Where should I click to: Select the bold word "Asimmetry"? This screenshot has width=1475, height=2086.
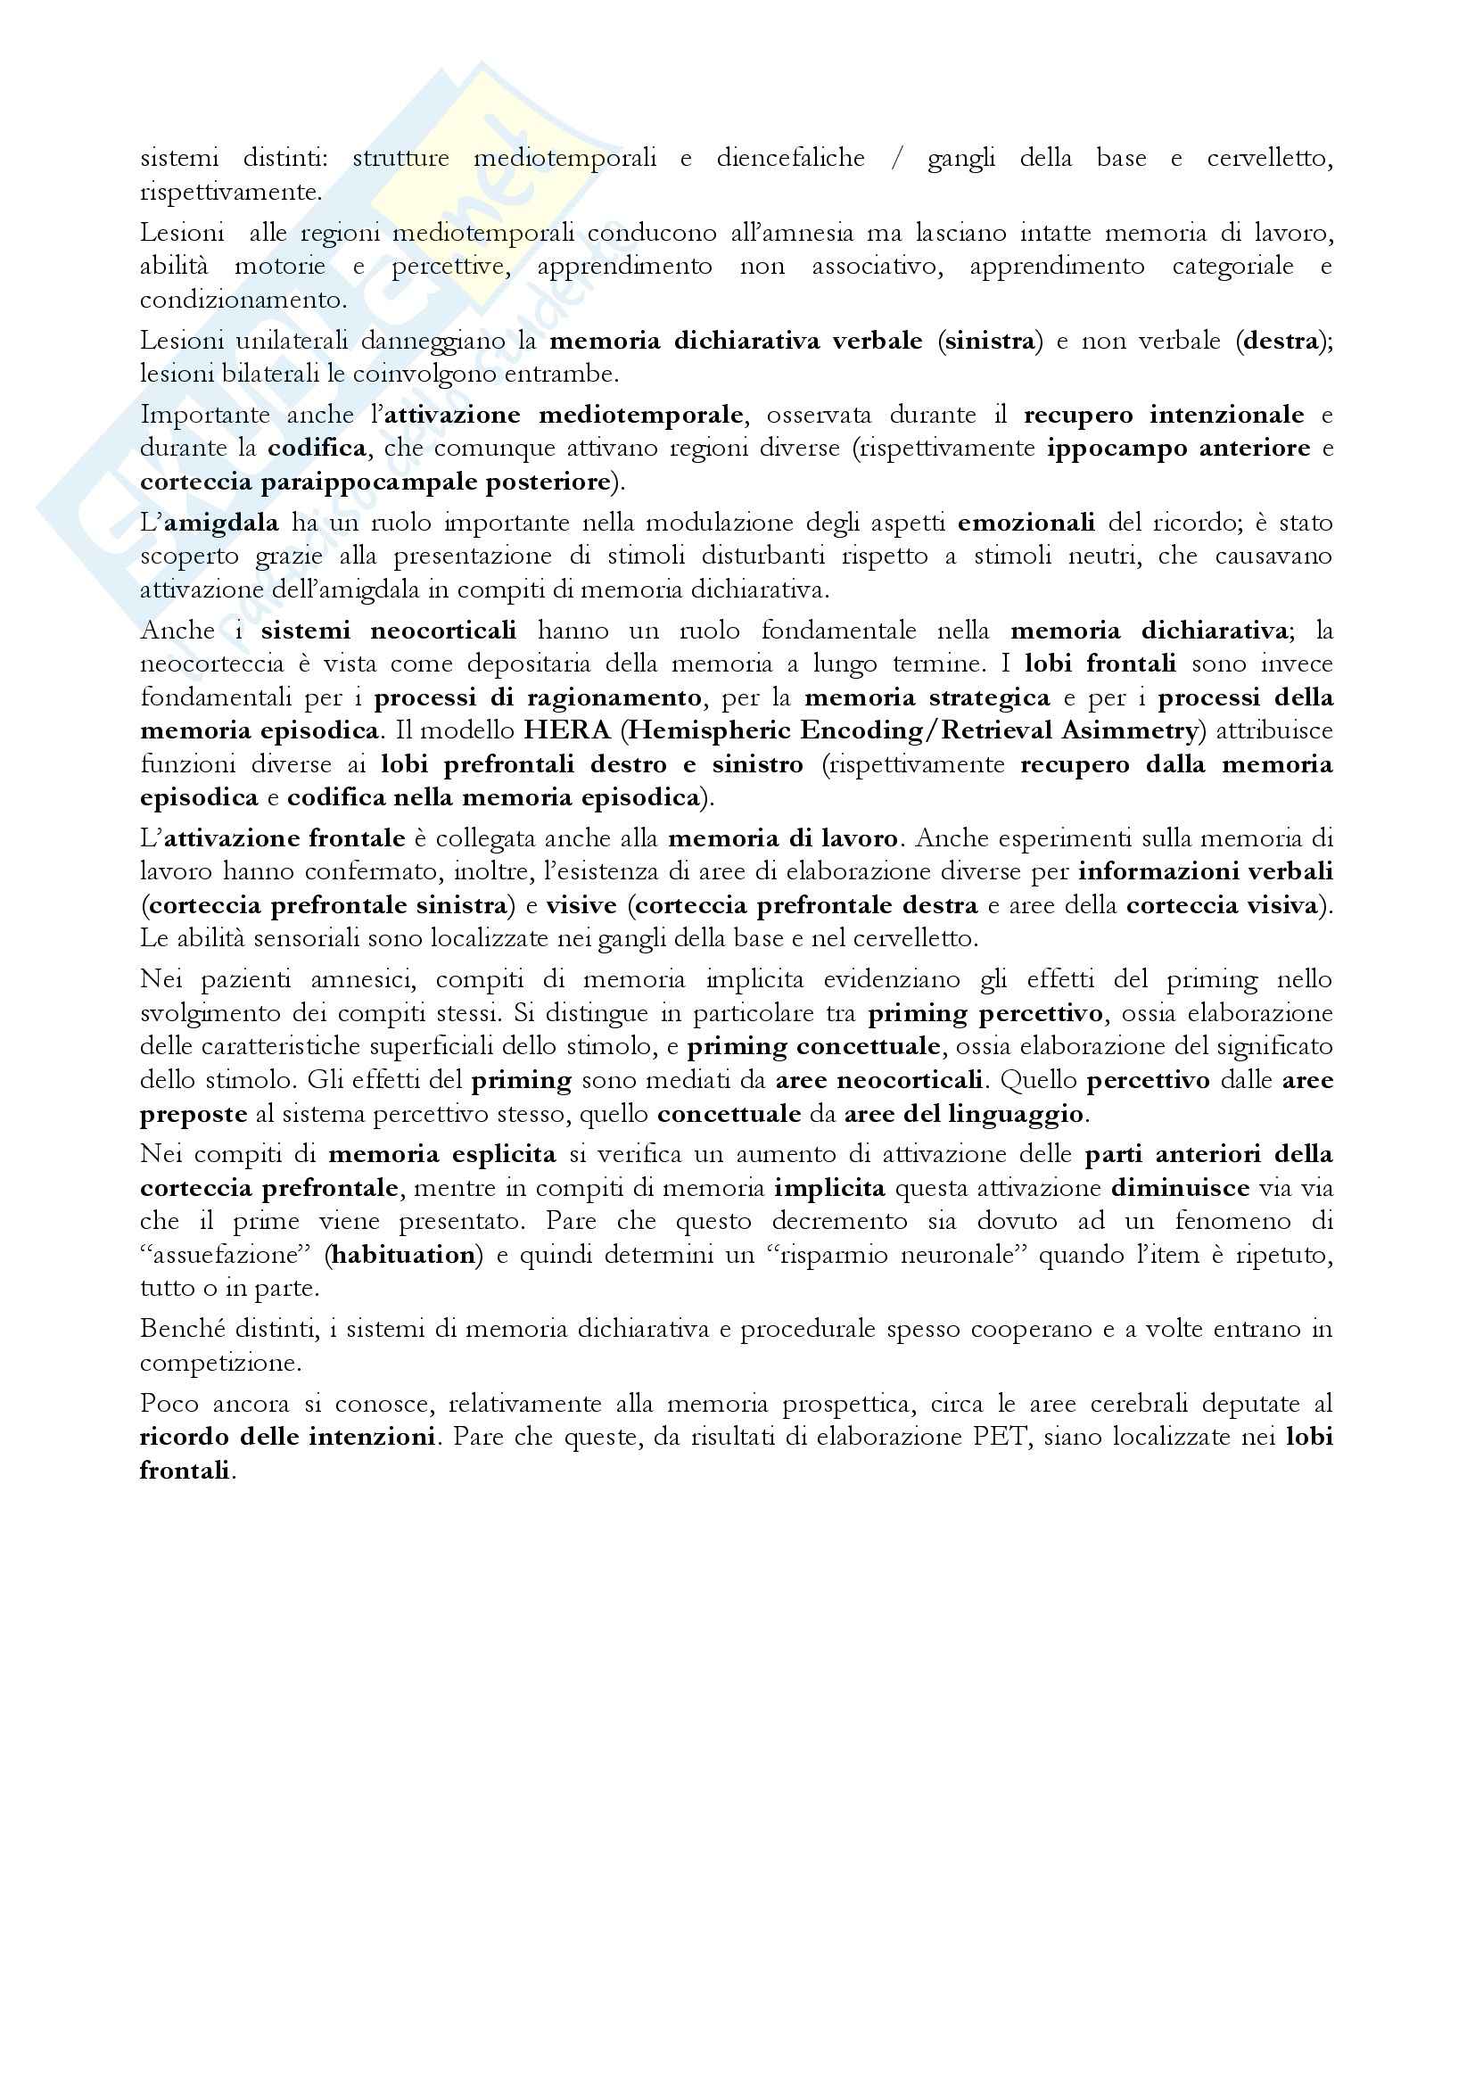pos(1133,730)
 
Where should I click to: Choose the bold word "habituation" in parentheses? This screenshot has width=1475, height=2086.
pos(402,1256)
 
